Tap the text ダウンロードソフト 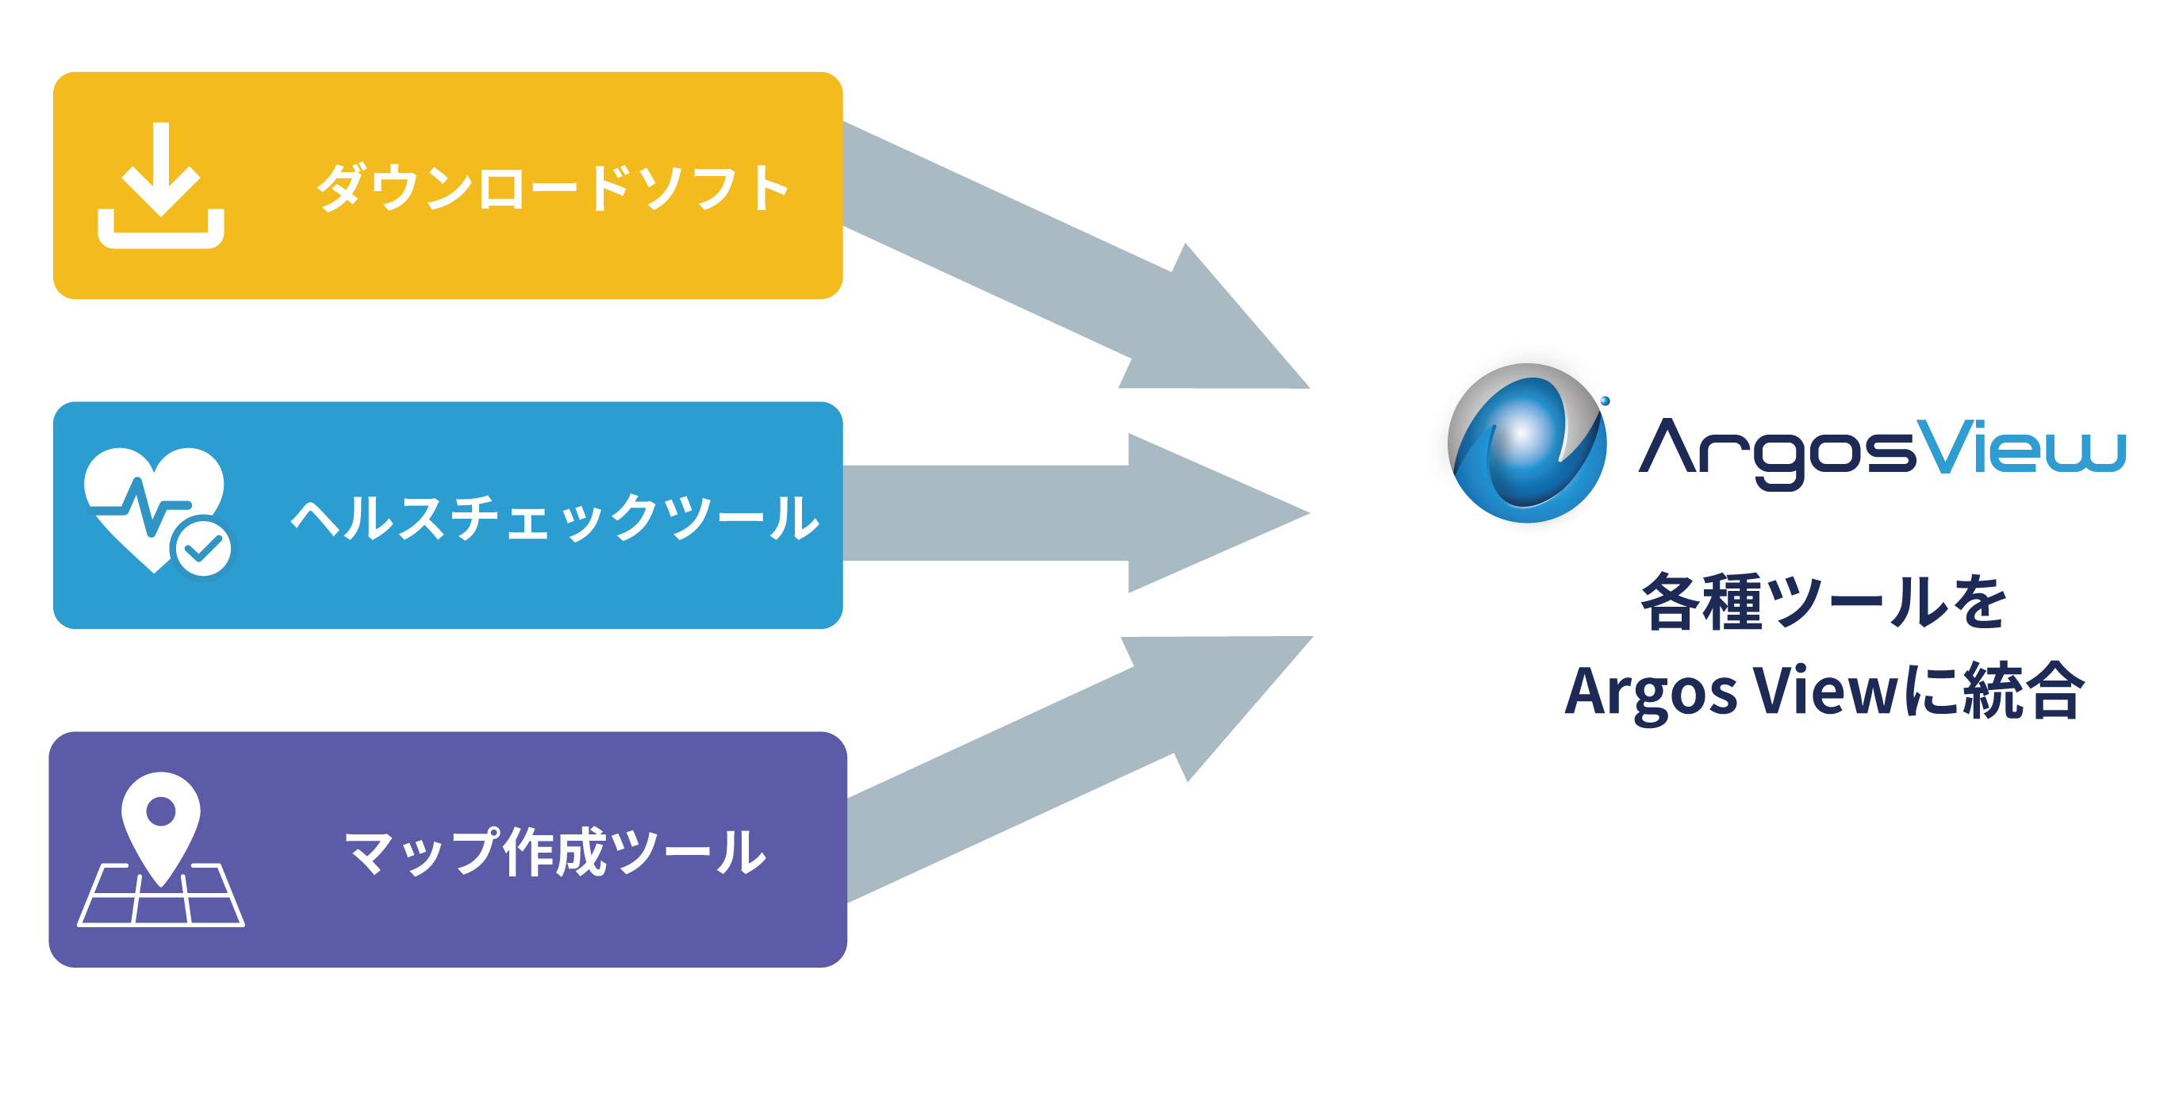click(553, 187)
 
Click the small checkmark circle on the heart click(201, 547)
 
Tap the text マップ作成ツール click(555, 851)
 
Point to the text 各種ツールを click(1823, 603)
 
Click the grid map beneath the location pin click(161, 899)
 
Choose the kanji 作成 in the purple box click(554, 851)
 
